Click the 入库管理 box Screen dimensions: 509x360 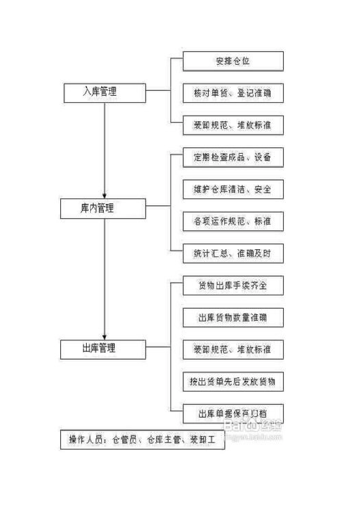[x=105, y=93]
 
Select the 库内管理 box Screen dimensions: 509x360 [x=103, y=209]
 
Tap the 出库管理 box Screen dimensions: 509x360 [x=103, y=349]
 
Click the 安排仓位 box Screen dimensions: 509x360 [x=233, y=61]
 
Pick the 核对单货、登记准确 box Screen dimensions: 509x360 [x=233, y=93]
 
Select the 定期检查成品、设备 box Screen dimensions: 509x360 [x=233, y=158]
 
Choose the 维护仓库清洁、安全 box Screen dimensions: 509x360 [x=233, y=189]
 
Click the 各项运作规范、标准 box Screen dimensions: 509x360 [x=233, y=222]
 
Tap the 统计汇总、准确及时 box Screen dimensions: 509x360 [x=233, y=254]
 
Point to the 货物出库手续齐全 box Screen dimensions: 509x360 [x=233, y=286]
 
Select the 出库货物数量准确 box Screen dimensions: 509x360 [x=233, y=318]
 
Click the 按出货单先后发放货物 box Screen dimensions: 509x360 [x=233, y=382]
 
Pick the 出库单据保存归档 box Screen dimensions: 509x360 [x=233, y=414]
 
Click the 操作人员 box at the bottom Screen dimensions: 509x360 [x=142, y=439]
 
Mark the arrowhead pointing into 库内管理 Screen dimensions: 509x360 [x=105, y=196]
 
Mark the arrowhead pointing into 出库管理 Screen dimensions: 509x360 [x=105, y=337]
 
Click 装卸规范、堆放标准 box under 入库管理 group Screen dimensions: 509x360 [x=233, y=125]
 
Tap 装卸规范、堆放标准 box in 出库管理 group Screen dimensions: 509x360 [x=233, y=350]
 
